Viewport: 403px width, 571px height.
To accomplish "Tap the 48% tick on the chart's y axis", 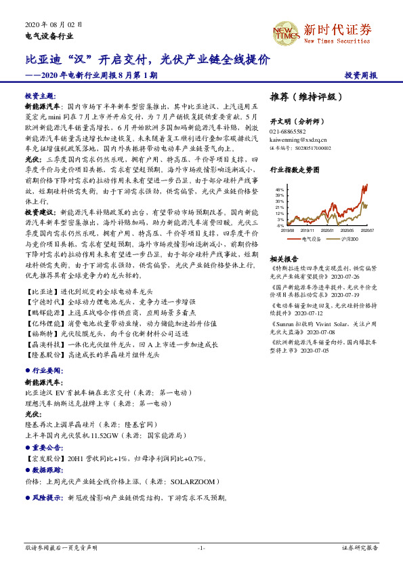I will tap(280, 189).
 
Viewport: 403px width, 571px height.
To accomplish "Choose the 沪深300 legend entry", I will tap(350, 239).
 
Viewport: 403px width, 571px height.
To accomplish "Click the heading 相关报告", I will tap(284, 259).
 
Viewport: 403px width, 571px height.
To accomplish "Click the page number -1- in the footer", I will tap(201, 547).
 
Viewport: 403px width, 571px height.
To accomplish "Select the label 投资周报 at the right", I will tap(361, 76).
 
